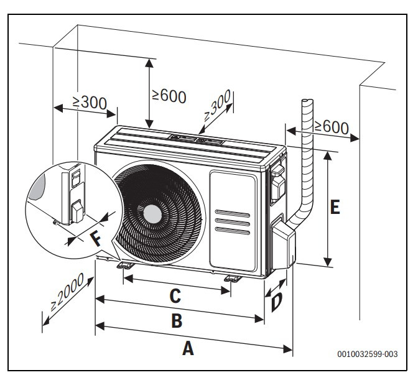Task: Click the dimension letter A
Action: (187, 349)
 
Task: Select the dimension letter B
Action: (177, 321)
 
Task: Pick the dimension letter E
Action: (335, 207)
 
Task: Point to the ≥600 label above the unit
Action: (169, 95)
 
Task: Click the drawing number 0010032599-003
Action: (368, 354)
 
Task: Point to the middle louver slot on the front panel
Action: (232, 222)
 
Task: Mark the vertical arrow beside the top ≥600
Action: (149, 93)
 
